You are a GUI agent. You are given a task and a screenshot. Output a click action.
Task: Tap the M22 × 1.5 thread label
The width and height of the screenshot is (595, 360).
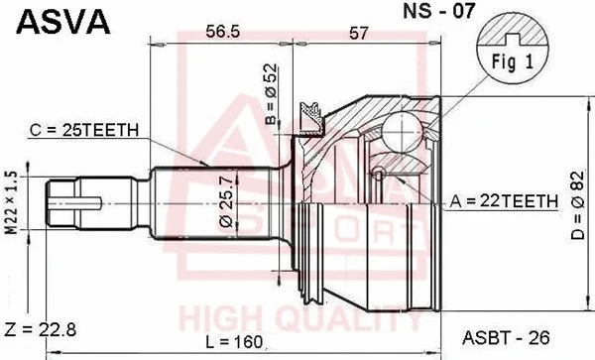click(12, 202)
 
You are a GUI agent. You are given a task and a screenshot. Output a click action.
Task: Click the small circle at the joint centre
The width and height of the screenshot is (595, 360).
click(378, 176)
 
